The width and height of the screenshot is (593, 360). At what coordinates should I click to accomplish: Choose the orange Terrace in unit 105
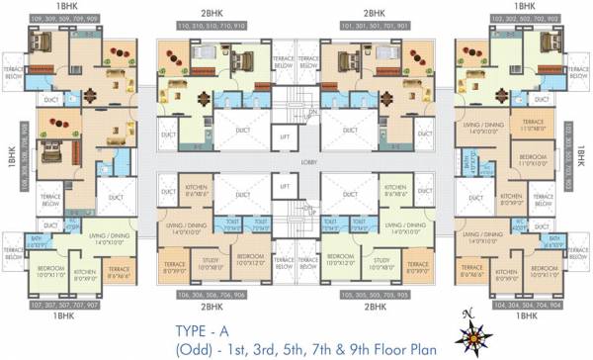pyautogui.click(x=417, y=264)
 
